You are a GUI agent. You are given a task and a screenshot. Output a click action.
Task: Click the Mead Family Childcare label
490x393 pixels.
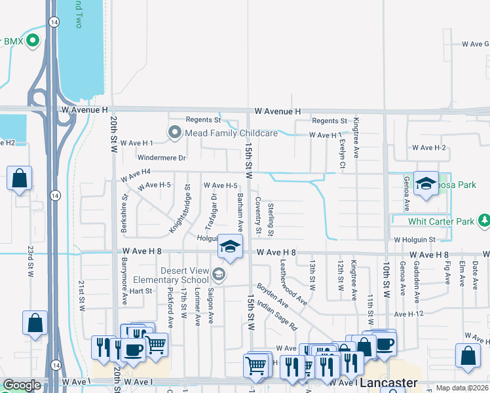[231, 133]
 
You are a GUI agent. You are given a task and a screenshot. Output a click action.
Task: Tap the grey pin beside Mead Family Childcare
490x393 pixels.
[174, 133]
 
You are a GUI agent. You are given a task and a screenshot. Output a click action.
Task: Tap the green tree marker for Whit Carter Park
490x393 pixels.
[484, 221]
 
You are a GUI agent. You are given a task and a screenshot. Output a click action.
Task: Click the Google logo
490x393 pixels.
[22, 385]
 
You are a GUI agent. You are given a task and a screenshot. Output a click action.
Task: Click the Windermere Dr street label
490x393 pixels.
[162, 158]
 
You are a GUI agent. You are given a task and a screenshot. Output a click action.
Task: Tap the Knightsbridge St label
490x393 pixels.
[179, 208]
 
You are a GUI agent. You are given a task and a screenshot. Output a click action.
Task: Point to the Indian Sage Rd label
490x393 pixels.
[278, 314]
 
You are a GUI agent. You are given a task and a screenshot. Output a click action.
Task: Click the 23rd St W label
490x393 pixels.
[30, 262]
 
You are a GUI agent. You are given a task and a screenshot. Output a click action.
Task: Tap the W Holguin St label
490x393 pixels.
[414, 240]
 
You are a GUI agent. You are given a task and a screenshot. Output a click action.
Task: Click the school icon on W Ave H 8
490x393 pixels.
[230, 246]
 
